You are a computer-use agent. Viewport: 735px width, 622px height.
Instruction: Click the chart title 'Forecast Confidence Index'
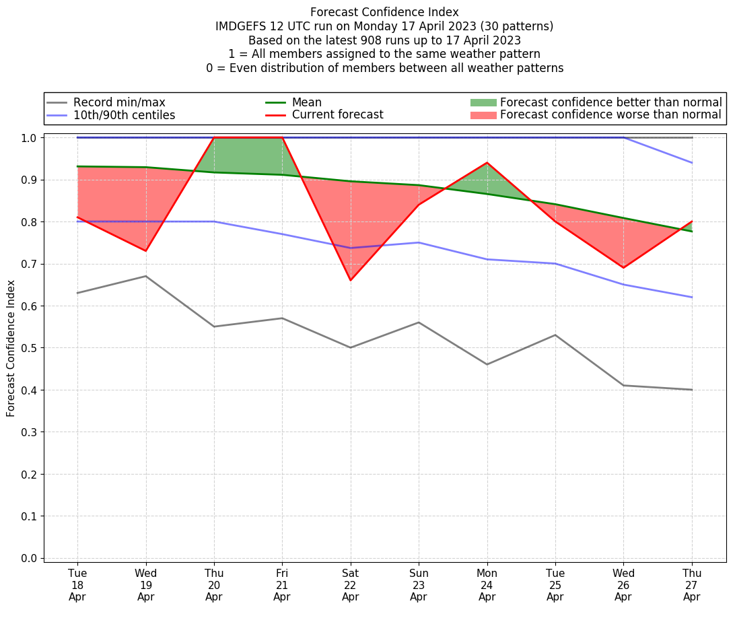click(384, 12)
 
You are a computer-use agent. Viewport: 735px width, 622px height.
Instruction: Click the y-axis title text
click(11, 347)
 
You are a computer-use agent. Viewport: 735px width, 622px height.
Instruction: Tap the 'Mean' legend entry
click(306, 102)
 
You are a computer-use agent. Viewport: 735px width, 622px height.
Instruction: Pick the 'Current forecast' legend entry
click(337, 115)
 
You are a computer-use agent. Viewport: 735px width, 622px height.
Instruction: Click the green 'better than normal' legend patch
click(483, 102)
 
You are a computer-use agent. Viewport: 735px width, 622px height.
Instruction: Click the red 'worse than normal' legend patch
click(483, 115)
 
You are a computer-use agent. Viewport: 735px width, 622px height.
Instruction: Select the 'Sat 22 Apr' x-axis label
click(350, 584)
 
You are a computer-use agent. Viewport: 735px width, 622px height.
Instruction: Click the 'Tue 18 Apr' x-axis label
click(77, 584)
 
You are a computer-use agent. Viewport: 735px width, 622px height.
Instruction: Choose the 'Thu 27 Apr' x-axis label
click(692, 584)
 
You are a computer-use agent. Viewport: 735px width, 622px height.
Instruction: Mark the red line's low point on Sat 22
click(350, 280)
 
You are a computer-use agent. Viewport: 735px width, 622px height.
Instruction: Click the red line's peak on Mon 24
click(487, 163)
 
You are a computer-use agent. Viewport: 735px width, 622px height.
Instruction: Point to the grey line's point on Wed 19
click(145, 276)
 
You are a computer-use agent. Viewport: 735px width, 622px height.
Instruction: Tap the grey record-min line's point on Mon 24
click(487, 364)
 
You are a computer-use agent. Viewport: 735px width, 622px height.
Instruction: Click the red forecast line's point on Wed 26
click(623, 268)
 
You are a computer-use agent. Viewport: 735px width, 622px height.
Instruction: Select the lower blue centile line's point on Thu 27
click(692, 297)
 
